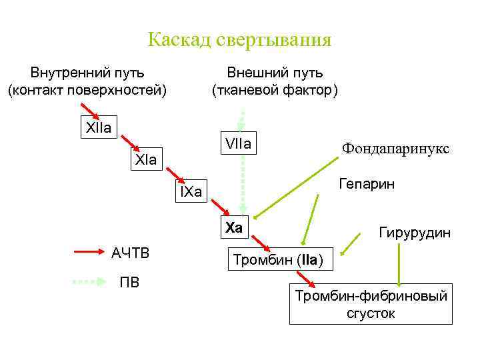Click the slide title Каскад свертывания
(239, 40)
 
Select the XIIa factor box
(97, 127)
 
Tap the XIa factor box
(145, 160)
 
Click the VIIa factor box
(239, 143)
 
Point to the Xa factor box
(233, 227)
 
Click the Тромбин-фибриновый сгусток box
(371, 305)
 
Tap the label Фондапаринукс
(395, 148)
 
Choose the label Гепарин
(367, 183)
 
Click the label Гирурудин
(414, 233)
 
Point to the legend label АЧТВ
(131, 253)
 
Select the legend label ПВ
(130, 282)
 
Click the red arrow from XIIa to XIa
(128, 143)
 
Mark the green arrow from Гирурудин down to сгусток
(399, 264)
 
